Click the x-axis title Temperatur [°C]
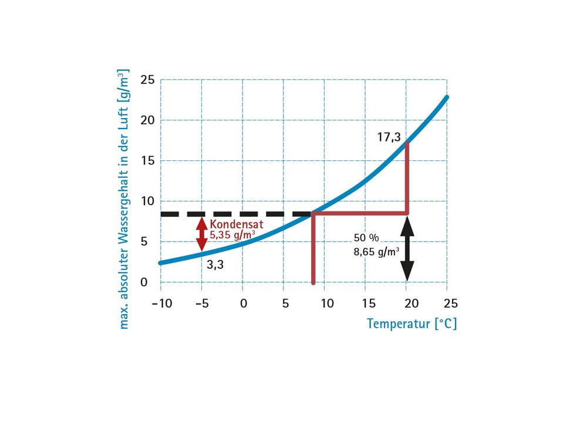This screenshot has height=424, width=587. pos(411,324)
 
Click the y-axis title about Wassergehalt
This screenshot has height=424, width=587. pos(124,200)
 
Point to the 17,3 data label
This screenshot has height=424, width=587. pos(389,137)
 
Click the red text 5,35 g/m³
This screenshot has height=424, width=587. pos(232,235)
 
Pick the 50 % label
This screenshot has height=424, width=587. pos(367,238)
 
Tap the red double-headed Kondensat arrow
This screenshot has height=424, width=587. pos(202,234)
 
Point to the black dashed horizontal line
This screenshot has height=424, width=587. pos(235,214)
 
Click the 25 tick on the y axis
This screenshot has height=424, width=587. pos(147,80)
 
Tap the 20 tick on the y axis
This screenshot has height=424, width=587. pos(147,120)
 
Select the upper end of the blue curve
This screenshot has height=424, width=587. pos(447,97)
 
